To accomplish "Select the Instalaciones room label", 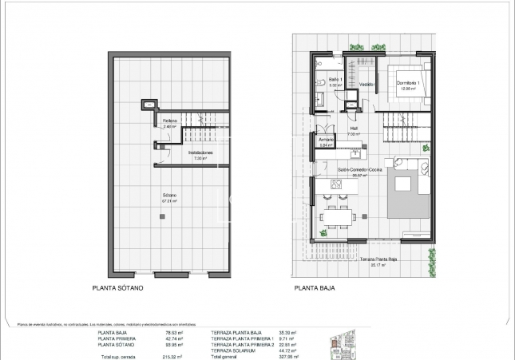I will point(200,153).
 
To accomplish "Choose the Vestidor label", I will point(366,84).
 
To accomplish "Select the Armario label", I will point(326,140).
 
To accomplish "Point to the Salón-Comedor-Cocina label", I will point(360,171).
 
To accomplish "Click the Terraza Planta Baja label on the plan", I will point(378,259).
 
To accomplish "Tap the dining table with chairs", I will point(335,216).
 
